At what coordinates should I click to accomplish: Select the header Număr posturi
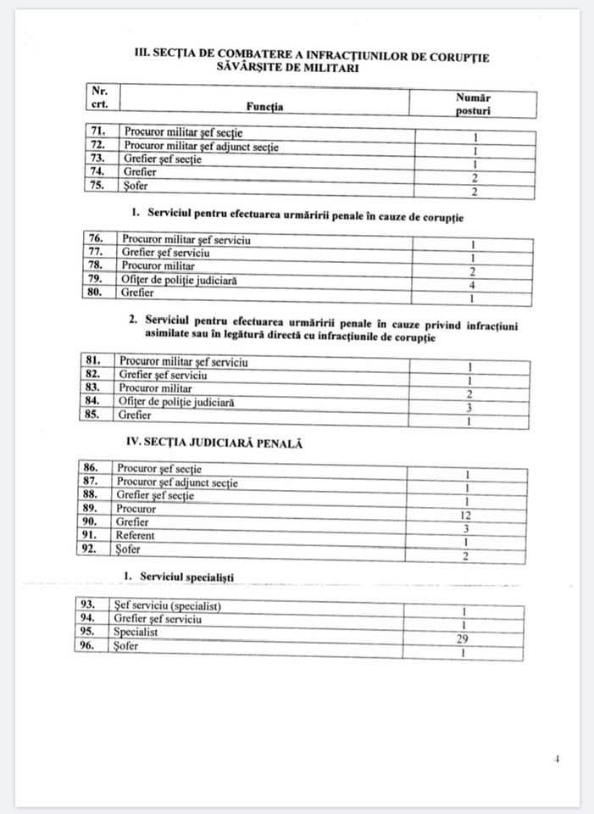[473, 103]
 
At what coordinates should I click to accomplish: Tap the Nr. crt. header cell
[98, 96]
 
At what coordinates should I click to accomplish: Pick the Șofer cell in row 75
[136, 187]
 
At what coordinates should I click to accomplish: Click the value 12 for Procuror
[466, 516]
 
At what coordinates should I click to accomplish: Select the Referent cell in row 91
[136, 536]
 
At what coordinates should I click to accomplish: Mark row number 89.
[93, 509]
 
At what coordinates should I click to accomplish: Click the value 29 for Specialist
[463, 638]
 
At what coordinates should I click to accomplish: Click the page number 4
[557, 760]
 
